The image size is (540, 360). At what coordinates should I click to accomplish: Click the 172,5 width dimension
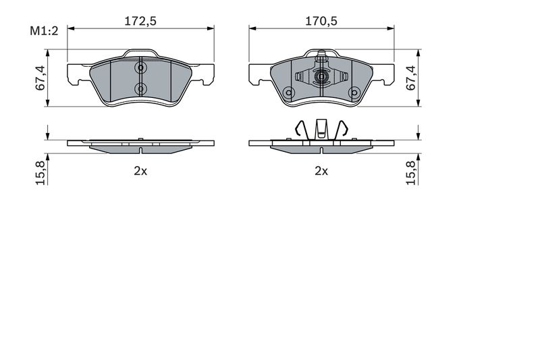[140, 21]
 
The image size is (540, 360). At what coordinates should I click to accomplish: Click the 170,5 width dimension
[321, 21]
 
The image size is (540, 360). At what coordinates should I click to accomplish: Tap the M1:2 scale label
[44, 31]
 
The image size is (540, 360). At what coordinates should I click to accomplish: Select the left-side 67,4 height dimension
[40, 78]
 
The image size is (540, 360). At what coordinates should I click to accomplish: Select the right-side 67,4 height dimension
[411, 78]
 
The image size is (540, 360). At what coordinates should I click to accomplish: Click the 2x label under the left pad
[140, 170]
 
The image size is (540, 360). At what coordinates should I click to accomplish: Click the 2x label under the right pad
[321, 170]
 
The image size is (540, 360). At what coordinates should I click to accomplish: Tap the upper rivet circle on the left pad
[140, 68]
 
